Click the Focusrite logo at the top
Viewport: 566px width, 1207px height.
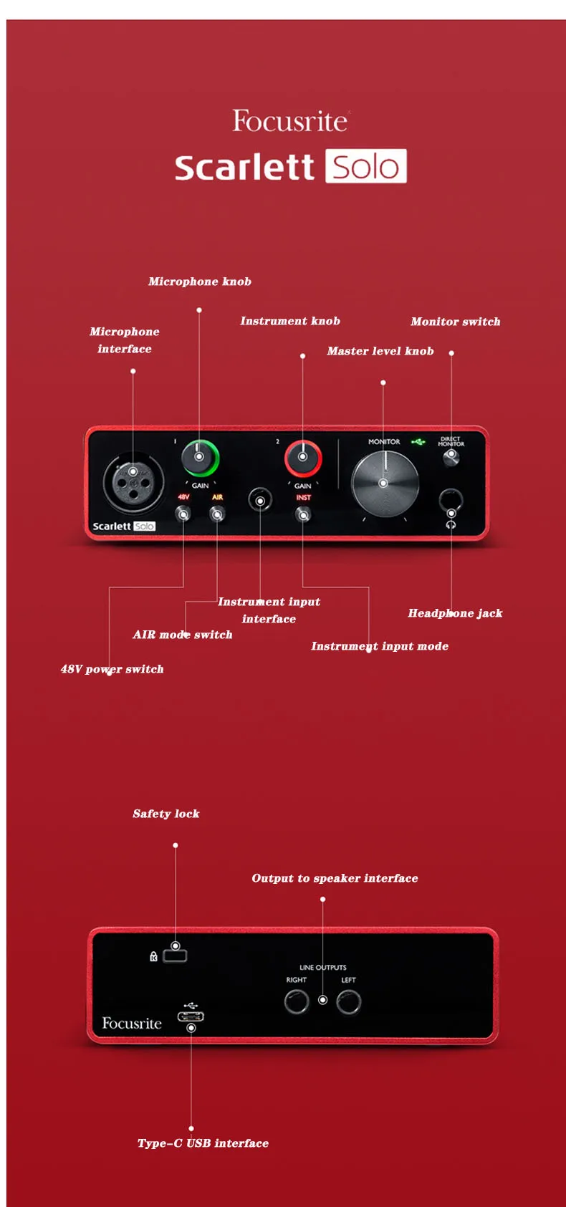(289, 121)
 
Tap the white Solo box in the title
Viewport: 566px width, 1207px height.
(365, 166)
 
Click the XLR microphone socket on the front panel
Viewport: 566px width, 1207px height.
(133, 481)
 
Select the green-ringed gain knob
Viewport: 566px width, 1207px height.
(199, 457)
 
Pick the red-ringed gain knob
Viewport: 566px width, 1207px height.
(302, 457)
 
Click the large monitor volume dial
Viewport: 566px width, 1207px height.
(384, 483)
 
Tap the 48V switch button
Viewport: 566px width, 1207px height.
(183, 514)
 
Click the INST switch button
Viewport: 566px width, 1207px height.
(303, 514)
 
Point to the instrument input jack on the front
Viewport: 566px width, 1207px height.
(260, 500)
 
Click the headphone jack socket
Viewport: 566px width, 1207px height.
(451, 501)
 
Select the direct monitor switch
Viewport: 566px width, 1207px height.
(451, 456)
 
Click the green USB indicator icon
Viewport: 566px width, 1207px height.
(418, 442)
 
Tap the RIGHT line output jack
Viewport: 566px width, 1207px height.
(296, 1001)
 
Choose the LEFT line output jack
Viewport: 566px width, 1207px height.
(348, 1001)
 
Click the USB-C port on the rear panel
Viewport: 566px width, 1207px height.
(191, 1016)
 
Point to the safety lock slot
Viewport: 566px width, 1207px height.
(176, 955)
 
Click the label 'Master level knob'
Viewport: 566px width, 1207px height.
(380, 351)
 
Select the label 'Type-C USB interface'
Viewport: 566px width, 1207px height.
(203, 1143)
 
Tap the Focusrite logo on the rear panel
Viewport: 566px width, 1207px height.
(132, 1024)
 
